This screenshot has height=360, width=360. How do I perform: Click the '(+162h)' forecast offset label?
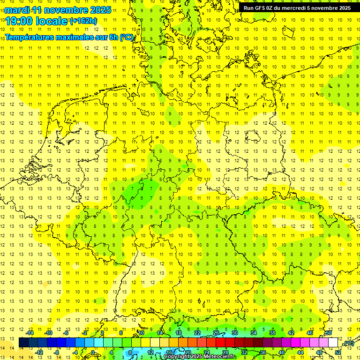coord(83,21)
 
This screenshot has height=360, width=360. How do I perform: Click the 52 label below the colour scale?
coord(338,352)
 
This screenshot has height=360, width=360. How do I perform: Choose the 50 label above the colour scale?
coord(329,333)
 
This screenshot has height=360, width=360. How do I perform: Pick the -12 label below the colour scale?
coord(39,352)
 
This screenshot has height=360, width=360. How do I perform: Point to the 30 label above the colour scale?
coord(234,333)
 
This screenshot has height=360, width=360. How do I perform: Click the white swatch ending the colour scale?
coord(333,343)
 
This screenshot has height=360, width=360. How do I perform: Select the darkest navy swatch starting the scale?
coord(23,343)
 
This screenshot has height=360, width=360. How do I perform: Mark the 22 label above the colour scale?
coord(197,333)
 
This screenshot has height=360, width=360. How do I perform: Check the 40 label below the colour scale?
coord(282,352)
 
